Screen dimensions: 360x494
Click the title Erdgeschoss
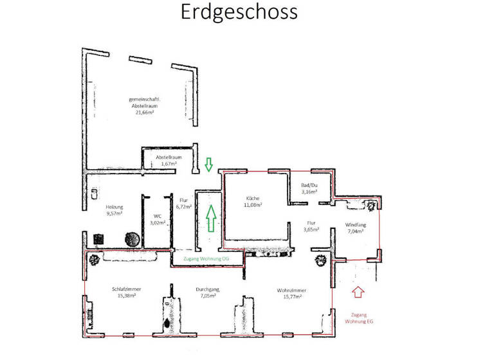pyautogui.click(x=239, y=12)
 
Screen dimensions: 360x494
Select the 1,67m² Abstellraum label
pyautogui.click(x=169, y=160)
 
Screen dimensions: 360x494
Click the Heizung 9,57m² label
pyautogui.click(x=114, y=210)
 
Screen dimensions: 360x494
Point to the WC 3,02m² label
pyautogui.click(x=158, y=219)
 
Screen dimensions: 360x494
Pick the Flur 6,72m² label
pyautogui.click(x=185, y=204)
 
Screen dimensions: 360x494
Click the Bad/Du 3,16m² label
pyautogui.click(x=309, y=188)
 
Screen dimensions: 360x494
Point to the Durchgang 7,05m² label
pyautogui.click(x=208, y=292)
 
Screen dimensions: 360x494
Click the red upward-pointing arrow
pyautogui.click(x=358, y=292)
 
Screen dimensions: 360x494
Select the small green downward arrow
pyautogui.click(x=208, y=165)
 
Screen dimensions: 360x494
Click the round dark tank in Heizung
pyautogui.click(x=132, y=239)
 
